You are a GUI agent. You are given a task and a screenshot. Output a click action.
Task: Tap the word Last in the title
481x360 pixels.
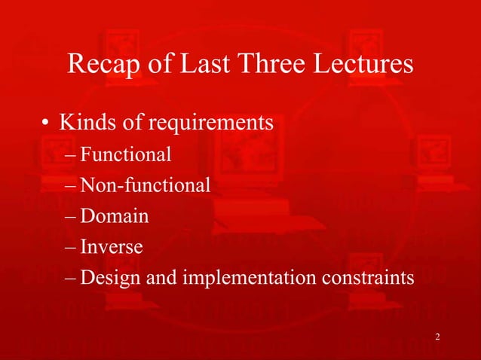tap(207, 65)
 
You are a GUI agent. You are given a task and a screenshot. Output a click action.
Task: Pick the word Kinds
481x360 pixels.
tap(84, 121)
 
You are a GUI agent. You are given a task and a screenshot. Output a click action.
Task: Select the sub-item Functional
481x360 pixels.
tap(126, 155)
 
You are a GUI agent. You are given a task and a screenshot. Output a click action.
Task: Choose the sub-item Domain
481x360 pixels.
tap(114, 216)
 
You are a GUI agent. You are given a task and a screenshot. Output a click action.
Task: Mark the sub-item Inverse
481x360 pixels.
tap(112, 246)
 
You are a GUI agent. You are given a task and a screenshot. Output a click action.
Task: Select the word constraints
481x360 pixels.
tap(370, 278)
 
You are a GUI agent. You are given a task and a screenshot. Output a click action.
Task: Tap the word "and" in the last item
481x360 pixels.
tap(156, 278)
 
